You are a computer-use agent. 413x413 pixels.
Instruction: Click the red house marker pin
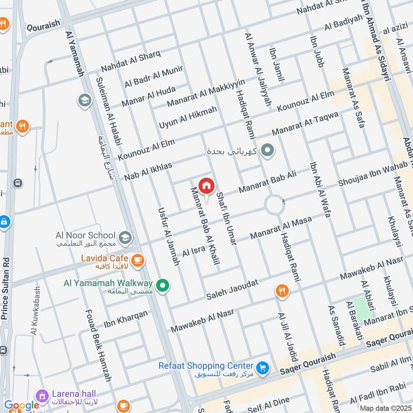point(206,186)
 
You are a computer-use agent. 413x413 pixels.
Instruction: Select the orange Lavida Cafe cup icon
point(137,260)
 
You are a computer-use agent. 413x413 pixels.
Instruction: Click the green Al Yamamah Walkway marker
point(163,285)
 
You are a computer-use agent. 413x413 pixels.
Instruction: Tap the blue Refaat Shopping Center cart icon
point(263,368)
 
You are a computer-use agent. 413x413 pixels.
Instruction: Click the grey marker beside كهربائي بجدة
point(267,151)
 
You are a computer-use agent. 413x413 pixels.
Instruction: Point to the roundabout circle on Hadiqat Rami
point(274,205)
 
